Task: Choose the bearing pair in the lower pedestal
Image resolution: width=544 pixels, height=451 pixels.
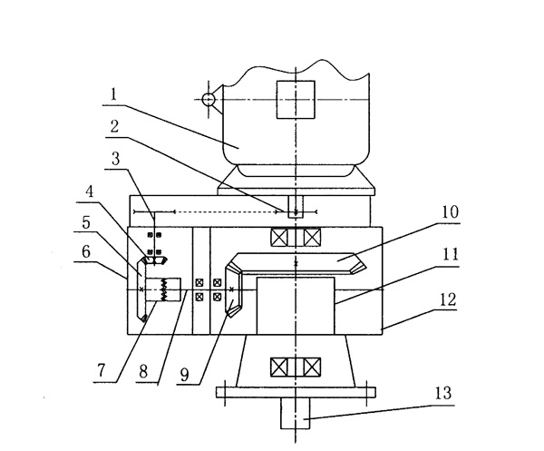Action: tap(296, 368)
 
